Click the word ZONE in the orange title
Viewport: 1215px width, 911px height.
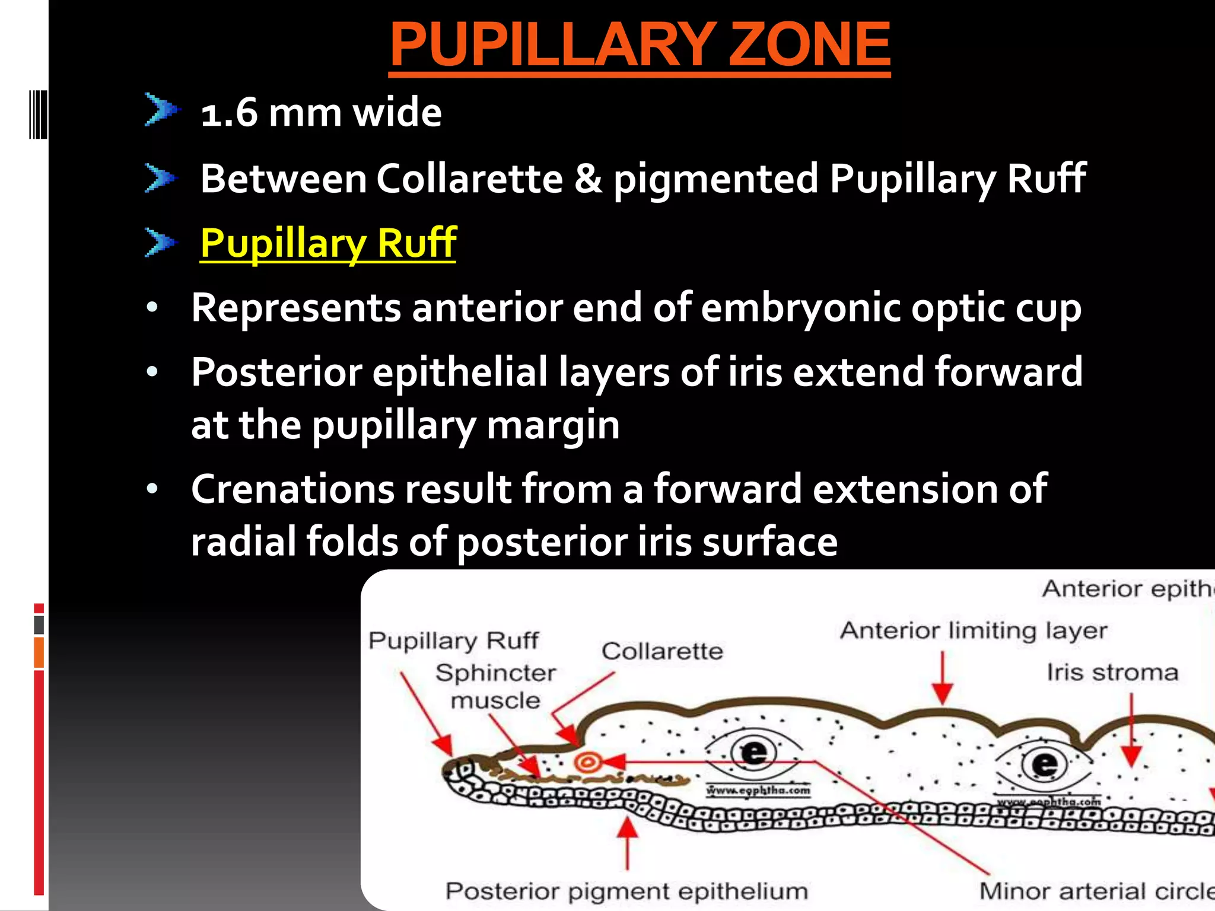point(809,44)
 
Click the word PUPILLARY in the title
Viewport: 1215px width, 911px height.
point(552,44)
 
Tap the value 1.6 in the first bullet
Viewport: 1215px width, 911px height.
point(229,113)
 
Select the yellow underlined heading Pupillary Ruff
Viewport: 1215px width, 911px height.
point(327,243)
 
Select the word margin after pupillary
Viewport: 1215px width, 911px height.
point(553,425)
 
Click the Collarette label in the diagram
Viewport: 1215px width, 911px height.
point(662,651)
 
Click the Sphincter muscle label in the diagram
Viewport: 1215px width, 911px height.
point(495,686)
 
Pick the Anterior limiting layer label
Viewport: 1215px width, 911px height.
point(973,630)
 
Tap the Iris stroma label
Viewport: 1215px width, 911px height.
point(1112,673)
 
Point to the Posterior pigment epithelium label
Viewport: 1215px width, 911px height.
point(626,891)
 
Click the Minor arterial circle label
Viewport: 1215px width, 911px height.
point(1095,891)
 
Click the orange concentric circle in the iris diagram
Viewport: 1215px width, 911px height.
point(587,762)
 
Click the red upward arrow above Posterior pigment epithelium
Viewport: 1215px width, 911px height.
point(627,842)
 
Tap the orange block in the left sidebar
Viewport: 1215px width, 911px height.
point(39,652)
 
